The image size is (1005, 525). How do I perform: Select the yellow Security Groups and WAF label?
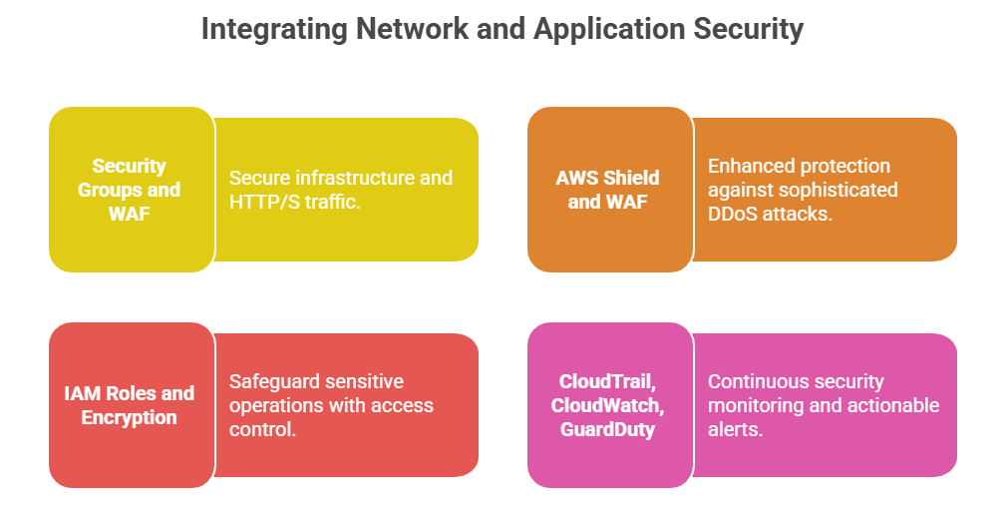pyautogui.click(x=130, y=189)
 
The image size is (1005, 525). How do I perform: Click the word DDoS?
pyautogui.click(x=737, y=214)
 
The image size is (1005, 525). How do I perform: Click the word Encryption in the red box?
pyautogui.click(x=130, y=417)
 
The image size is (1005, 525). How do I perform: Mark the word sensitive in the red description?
pyautogui.click(x=365, y=381)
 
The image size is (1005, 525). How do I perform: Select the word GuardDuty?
pyautogui.click(x=607, y=428)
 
